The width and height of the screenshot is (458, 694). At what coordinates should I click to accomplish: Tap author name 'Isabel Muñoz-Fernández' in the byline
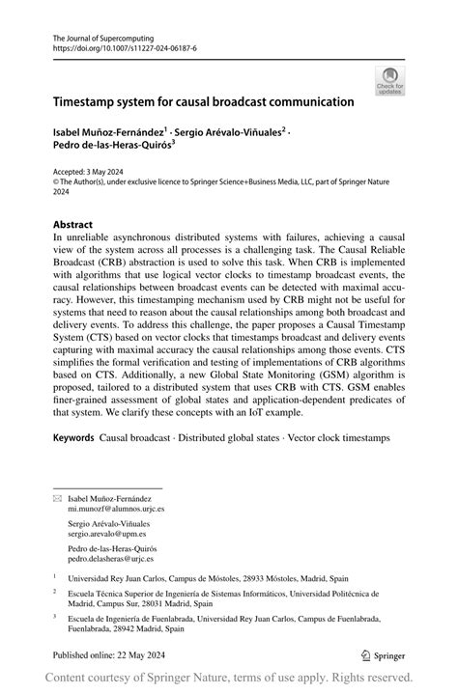(x=110, y=131)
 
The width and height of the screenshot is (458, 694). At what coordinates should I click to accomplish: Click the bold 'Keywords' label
(x=73, y=438)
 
